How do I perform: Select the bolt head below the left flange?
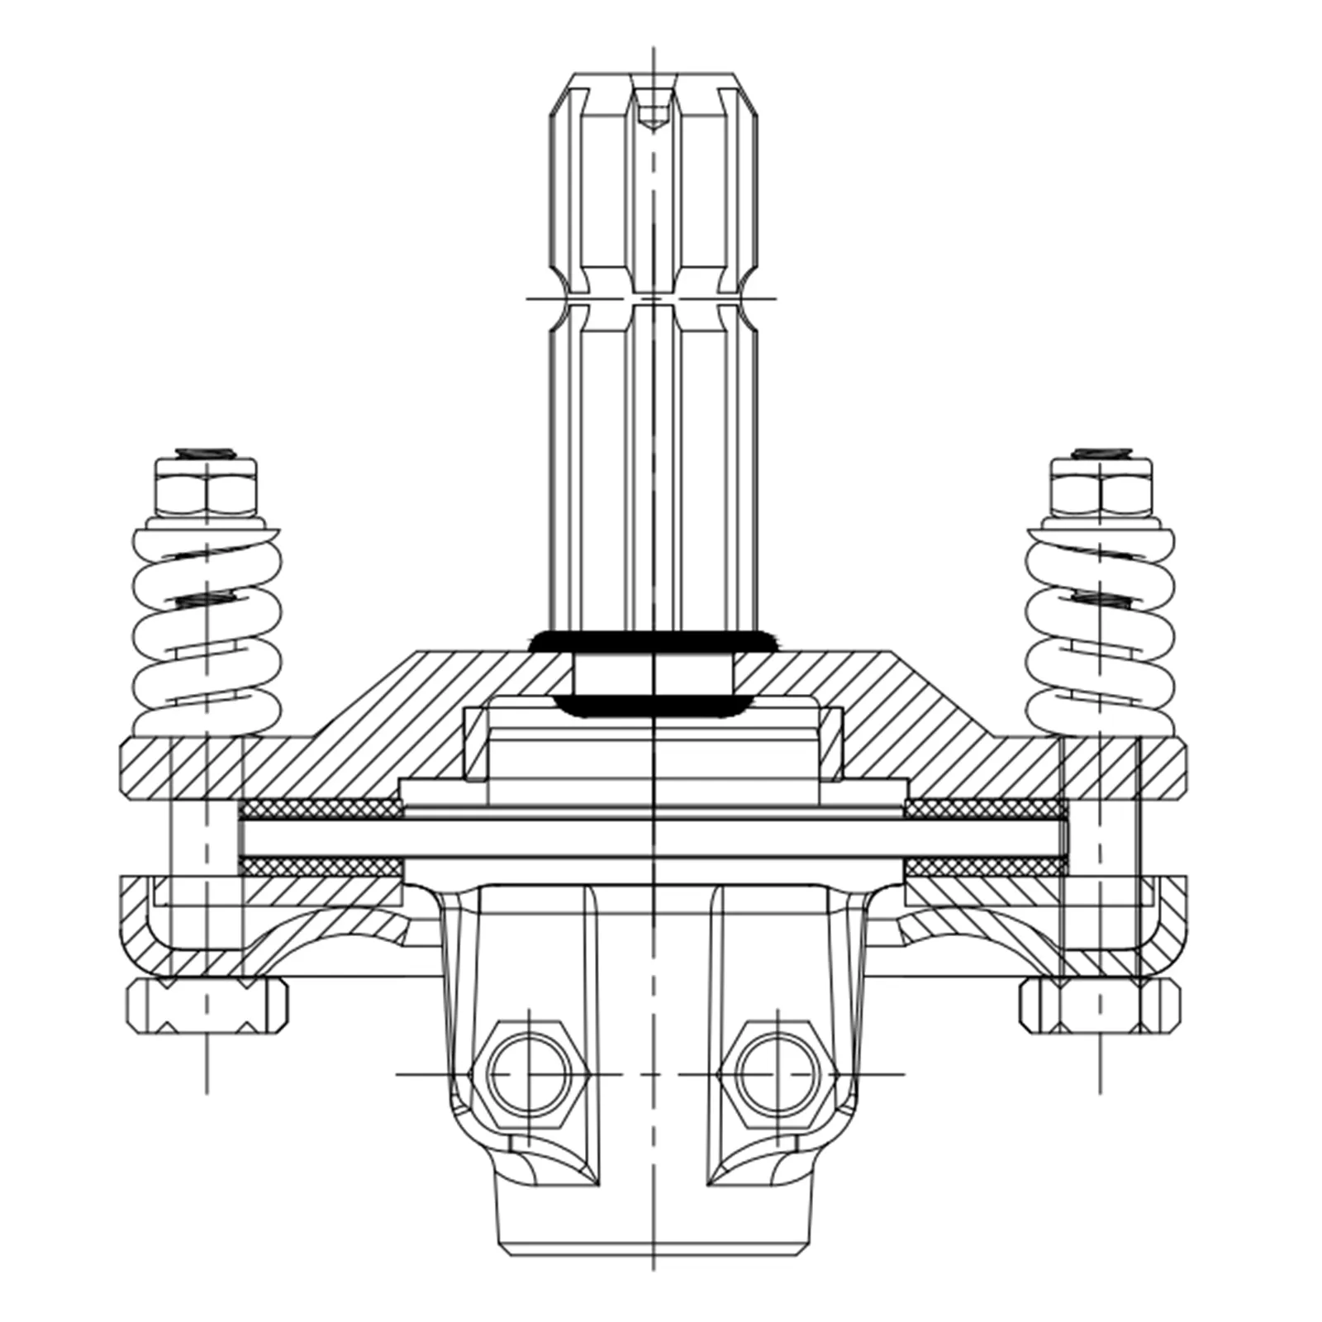pos(207,1006)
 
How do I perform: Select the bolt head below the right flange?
pos(1100,1006)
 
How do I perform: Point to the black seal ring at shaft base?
pos(653,640)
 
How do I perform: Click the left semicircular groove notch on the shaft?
pos(563,297)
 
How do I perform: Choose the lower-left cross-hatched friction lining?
pos(318,867)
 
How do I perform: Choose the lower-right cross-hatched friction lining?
pos(983,867)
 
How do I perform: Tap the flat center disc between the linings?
pos(653,837)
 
